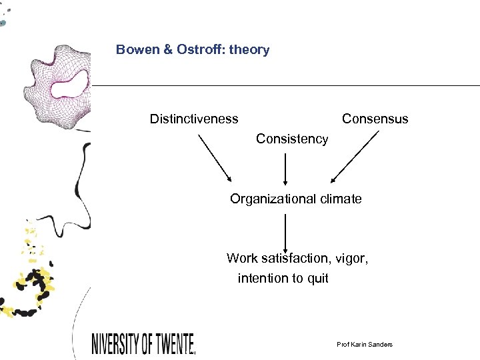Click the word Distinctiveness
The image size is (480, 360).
pos(193,119)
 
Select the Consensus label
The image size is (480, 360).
pos(375,119)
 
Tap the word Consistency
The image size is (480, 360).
pos(292,139)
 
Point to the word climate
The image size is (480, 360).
pos(339,199)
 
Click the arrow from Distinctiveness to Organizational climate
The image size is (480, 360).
pos(215,158)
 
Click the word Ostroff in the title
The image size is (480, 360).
pos(201,50)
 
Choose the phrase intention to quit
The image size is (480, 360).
pos(283,278)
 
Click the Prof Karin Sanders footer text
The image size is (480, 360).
pos(365,344)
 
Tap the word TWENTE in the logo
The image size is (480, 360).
pos(168,344)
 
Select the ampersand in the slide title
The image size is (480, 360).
pos(167,50)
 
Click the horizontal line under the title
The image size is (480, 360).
pos(287,85)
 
